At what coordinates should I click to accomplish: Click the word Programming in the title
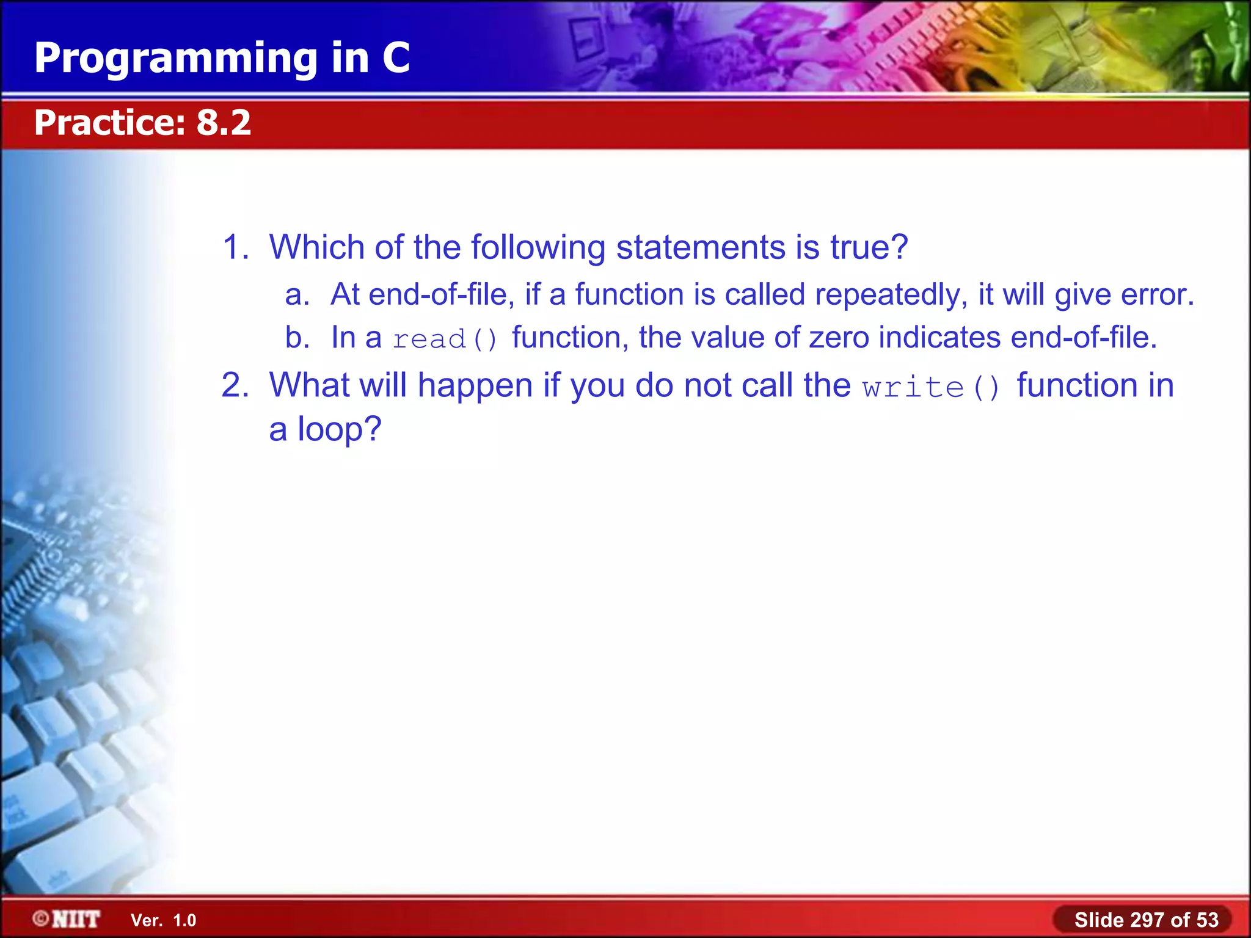coord(177,59)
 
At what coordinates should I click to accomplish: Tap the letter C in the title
coord(396,58)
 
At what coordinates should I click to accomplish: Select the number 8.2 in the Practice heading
coord(223,123)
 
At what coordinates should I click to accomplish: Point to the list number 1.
coord(235,247)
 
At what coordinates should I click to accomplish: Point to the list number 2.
coord(235,386)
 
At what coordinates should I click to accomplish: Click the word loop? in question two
coord(339,429)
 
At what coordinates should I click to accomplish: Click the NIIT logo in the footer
coord(67,919)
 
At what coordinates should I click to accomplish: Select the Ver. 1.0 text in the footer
coord(163,920)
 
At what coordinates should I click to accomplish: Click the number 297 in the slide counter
coord(1148,920)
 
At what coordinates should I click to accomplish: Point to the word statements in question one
coord(701,247)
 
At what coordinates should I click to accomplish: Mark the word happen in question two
coord(475,386)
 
